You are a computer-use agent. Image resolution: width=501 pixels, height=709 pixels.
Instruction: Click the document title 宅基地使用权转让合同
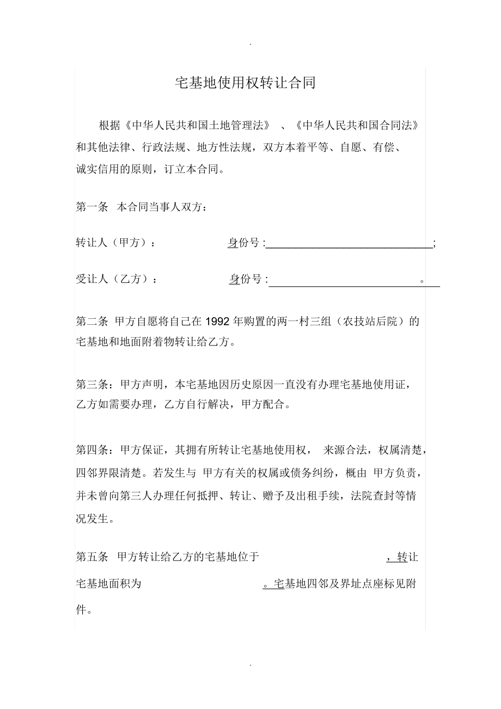(x=245, y=83)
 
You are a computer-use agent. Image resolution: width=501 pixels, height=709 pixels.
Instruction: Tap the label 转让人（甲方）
(x=115, y=243)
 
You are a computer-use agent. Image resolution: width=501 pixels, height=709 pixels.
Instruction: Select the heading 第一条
(x=92, y=207)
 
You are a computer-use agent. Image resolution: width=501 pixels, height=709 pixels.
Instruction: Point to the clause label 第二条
(x=92, y=321)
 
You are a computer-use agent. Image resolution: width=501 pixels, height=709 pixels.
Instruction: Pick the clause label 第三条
(x=92, y=385)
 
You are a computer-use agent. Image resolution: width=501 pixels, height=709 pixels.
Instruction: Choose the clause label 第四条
(x=92, y=450)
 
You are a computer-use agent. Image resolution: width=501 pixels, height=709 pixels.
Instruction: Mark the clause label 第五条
(x=92, y=557)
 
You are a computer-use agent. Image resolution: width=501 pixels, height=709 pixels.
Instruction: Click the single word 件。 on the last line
(x=83, y=610)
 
